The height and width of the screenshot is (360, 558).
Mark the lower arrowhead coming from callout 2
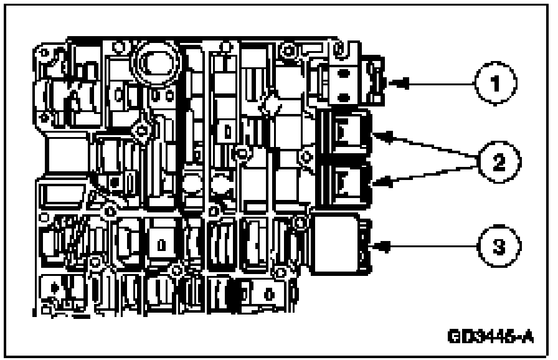click(379, 182)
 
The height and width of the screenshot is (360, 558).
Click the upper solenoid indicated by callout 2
click(346, 132)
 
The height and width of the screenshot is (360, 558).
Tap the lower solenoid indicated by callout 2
click(346, 182)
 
